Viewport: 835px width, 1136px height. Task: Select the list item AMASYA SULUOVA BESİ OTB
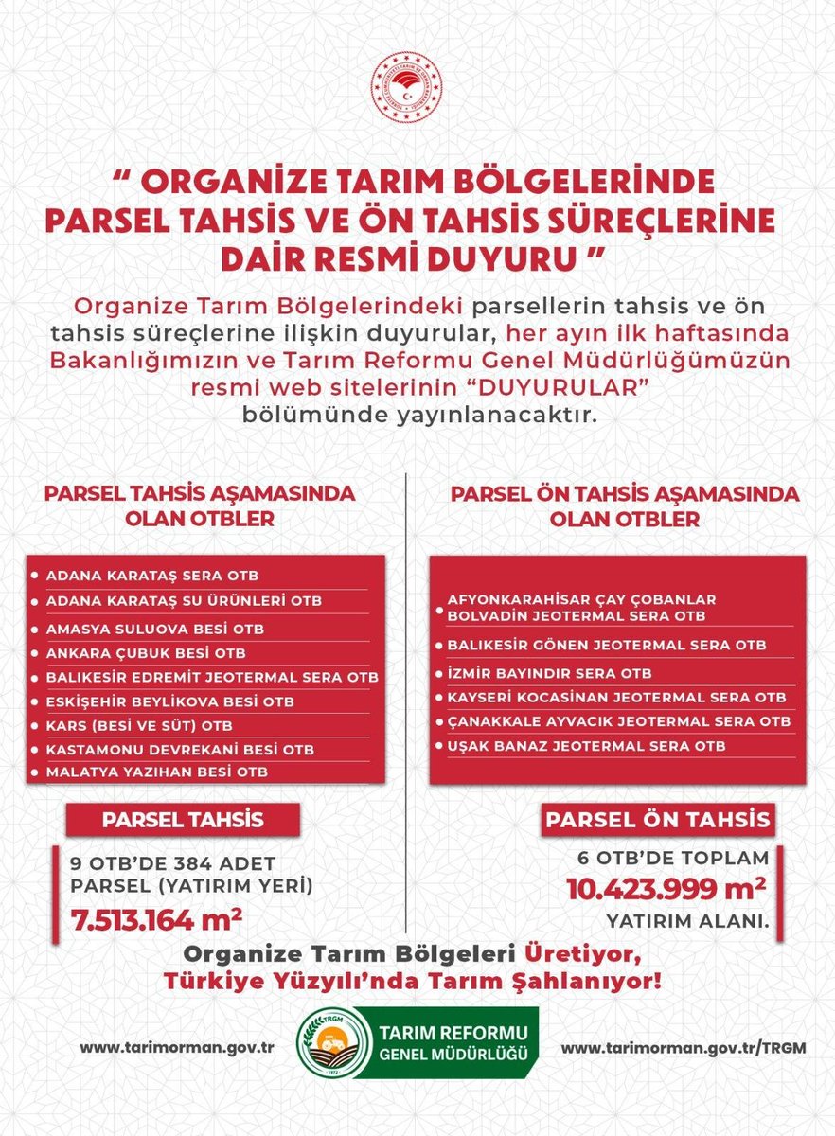pos(156,629)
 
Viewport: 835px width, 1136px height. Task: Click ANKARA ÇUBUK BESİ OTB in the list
pos(145,653)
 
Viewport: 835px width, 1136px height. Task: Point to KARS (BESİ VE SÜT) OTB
pos(139,725)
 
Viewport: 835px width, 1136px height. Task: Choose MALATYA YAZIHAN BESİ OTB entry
pos(158,772)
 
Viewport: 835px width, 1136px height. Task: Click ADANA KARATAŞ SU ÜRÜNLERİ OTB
pos(184,601)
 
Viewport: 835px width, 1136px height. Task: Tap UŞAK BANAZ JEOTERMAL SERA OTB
pos(587,746)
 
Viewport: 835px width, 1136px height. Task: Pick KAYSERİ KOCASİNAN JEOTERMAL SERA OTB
pos(616,698)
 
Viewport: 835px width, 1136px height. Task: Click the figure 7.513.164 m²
pos(157,917)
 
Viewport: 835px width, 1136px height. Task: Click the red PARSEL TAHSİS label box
pos(182,819)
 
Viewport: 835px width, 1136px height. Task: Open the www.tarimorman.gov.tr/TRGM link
pos(666,1049)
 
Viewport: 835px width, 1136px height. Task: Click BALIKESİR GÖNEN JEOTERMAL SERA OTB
pos(607,645)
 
